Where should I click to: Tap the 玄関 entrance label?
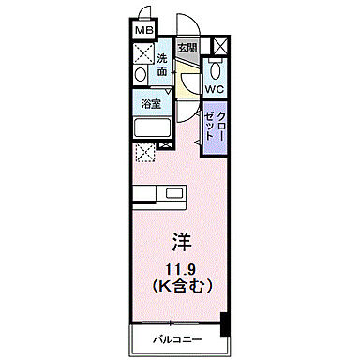pos(187,48)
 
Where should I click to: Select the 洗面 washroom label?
pos(162,64)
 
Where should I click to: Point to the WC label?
pos(215,90)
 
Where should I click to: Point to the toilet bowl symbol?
pos(215,68)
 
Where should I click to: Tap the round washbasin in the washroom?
pos(141,74)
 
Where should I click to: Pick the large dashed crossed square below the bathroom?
pos(144,153)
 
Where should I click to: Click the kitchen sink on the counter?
pos(175,194)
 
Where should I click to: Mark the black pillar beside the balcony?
pos(224,325)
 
